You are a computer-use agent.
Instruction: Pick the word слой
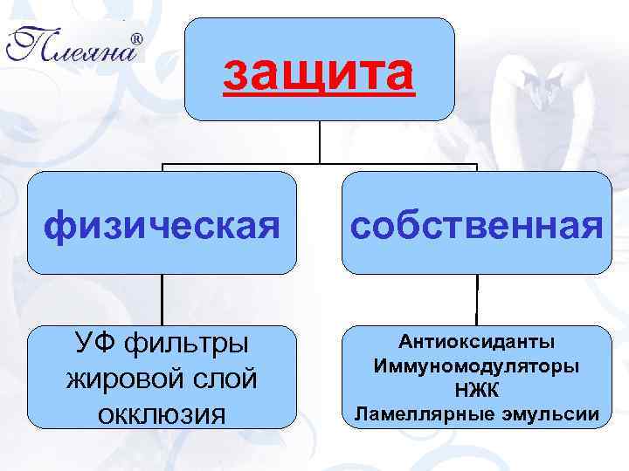220,379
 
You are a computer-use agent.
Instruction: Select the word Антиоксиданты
476,341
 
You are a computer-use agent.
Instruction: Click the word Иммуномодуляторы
476,365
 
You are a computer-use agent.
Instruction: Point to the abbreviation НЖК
476,389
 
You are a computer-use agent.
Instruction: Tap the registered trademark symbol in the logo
137,39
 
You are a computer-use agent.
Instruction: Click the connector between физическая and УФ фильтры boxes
162,301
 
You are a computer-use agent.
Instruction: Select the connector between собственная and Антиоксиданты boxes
477,301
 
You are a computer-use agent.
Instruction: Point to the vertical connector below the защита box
320,141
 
